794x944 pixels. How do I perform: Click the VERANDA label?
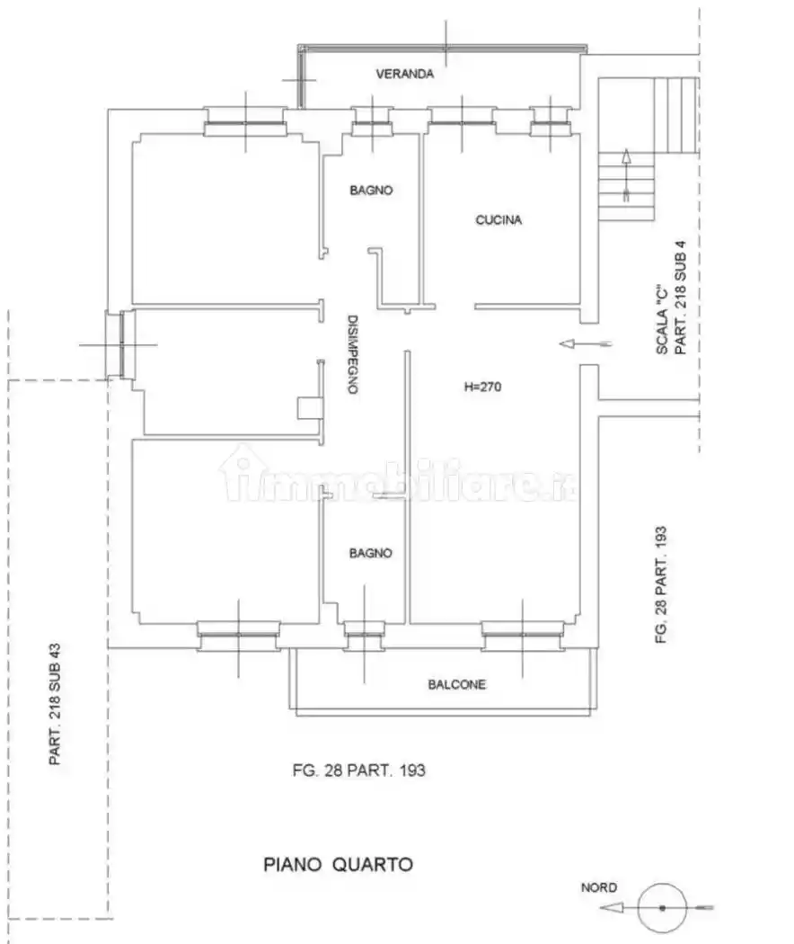(x=405, y=74)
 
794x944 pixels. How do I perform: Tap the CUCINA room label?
(x=498, y=220)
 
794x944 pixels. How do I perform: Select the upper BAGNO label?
(x=371, y=191)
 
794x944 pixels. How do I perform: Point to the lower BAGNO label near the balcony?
(x=371, y=553)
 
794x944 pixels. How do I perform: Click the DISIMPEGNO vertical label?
(x=352, y=354)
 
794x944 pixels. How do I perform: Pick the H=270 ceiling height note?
(x=482, y=387)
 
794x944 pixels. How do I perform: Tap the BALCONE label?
(x=456, y=684)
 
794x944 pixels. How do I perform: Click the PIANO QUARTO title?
(x=338, y=865)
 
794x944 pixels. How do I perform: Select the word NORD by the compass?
(x=598, y=887)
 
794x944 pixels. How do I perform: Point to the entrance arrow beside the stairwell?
(x=586, y=343)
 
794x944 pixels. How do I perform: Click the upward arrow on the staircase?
(x=626, y=174)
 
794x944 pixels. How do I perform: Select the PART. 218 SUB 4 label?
(x=680, y=298)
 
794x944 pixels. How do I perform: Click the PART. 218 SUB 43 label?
(x=55, y=704)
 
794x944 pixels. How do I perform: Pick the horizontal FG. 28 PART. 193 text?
(x=359, y=770)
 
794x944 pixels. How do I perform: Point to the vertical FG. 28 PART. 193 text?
(x=660, y=585)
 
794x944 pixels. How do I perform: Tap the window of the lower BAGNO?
(x=364, y=636)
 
